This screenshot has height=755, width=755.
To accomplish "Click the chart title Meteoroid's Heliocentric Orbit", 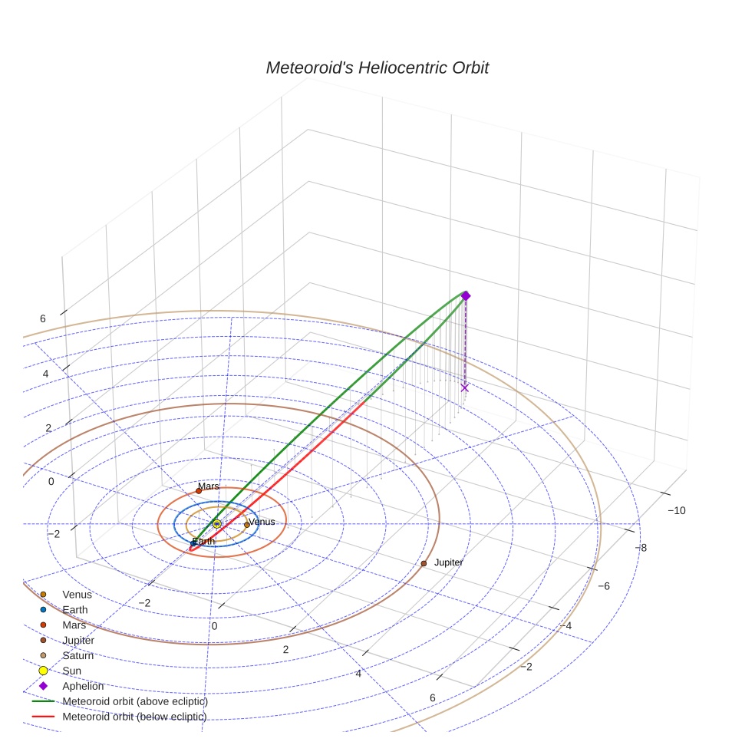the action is pos(377,68).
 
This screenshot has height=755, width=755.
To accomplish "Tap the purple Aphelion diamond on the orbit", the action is pos(466,295).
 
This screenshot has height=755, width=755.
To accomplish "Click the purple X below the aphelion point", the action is pos(465,387).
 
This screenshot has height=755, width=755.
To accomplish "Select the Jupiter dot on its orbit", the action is pos(424,563).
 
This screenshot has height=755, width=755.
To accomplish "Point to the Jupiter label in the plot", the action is pos(448,562).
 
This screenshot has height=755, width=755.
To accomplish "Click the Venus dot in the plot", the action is pos(247,525).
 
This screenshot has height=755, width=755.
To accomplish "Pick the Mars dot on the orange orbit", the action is pos(199,490).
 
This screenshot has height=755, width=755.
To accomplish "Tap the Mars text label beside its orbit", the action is pos(209,486).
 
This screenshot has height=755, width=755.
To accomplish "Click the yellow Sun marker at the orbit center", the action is pos(216,523).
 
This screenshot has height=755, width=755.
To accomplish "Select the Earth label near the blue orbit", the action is pos(203,541).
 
